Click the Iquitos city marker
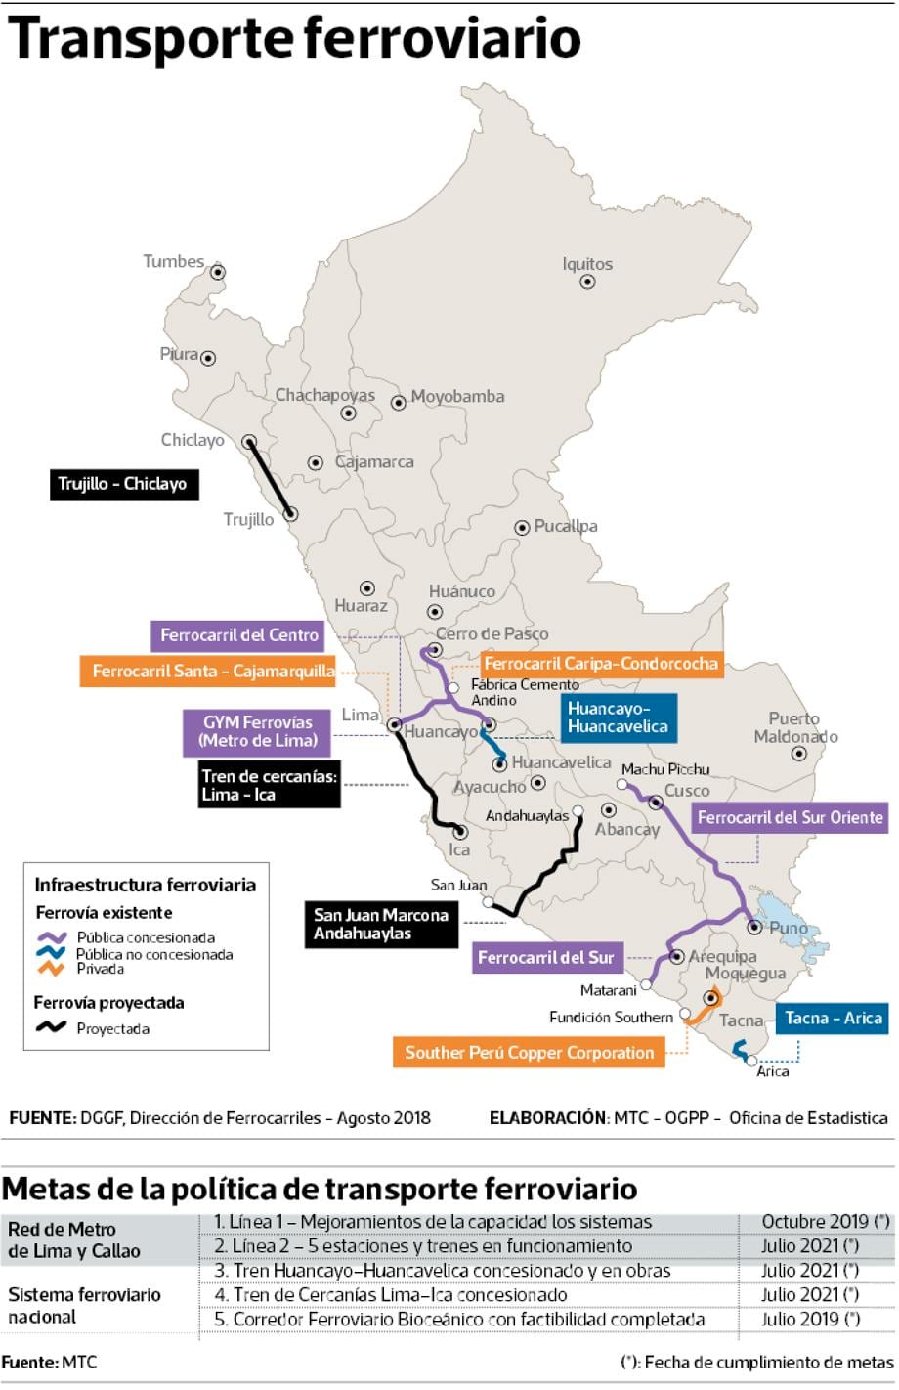tap(587, 282)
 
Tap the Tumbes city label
tap(174, 261)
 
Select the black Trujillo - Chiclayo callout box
tap(123, 484)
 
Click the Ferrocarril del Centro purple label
tap(239, 635)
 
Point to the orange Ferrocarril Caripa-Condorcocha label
tap(600, 664)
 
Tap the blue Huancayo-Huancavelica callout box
tap(618, 717)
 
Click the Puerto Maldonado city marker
tap(798, 754)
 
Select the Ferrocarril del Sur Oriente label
tap(790, 817)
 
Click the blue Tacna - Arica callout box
tap(833, 1018)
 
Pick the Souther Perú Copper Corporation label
tap(529, 1053)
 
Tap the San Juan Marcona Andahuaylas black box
tap(380, 924)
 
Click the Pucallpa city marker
tap(523, 527)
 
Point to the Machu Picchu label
tap(665, 769)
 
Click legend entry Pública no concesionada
tap(154, 954)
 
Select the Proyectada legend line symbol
tap(51, 1028)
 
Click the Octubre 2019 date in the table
tap(825, 1222)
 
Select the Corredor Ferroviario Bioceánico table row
tap(459, 1320)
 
